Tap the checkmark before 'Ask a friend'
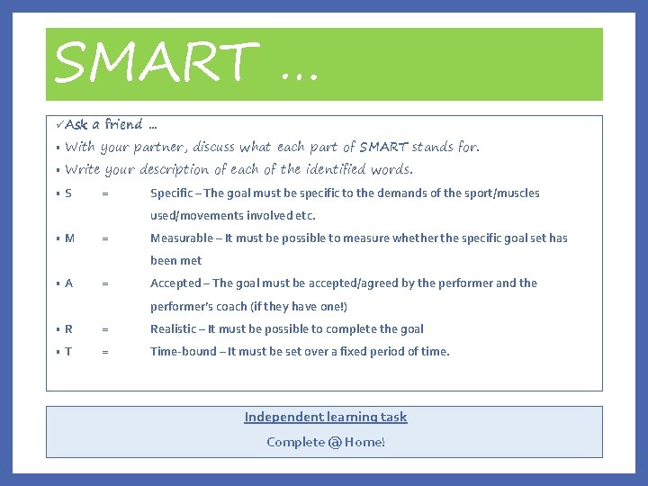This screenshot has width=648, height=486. click(x=58, y=124)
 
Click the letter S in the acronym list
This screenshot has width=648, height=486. click(x=68, y=193)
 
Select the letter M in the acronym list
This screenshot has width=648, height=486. click(x=69, y=238)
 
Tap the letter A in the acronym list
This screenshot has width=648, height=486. click(x=69, y=283)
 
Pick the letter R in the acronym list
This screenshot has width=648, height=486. click(x=68, y=329)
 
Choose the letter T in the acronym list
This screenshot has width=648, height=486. click(x=68, y=352)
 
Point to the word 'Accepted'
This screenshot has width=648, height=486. click(x=175, y=283)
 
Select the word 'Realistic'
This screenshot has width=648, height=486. click(x=174, y=329)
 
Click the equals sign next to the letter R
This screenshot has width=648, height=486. click(x=105, y=329)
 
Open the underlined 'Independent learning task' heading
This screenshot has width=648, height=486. click(x=325, y=417)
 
